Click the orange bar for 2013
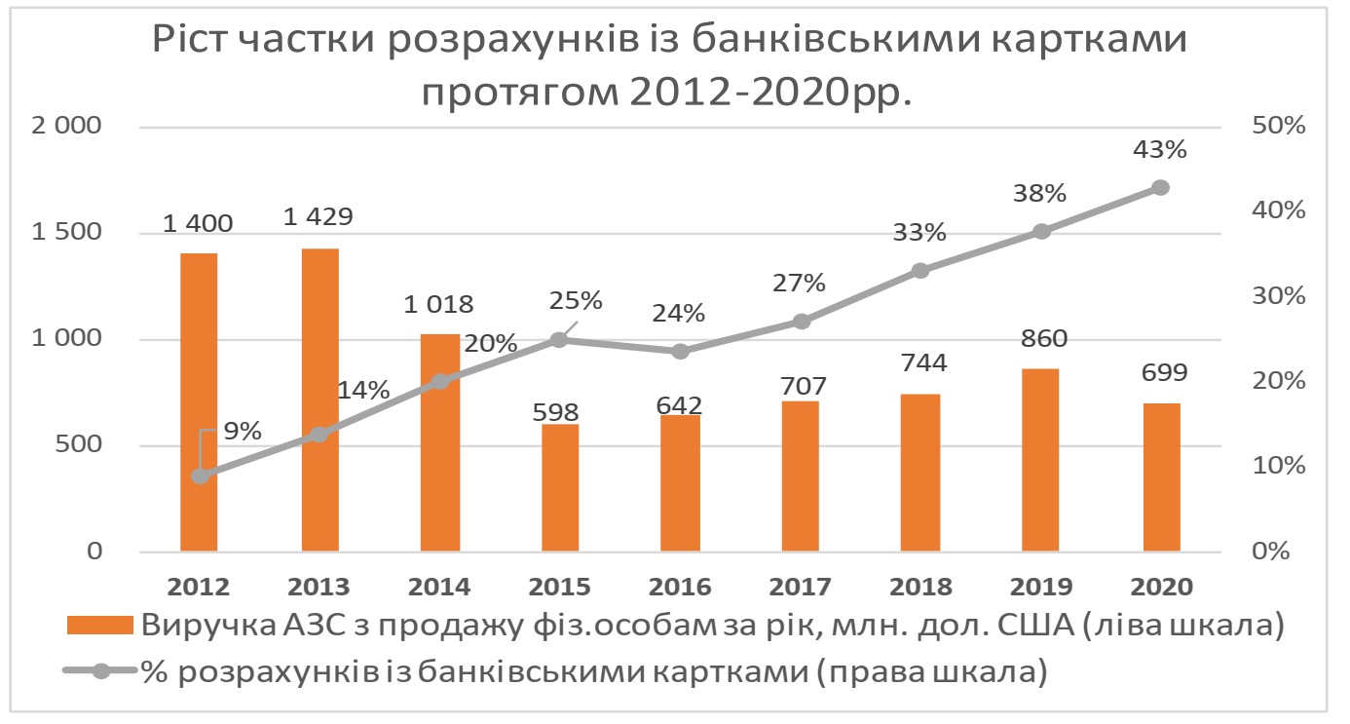pos(319,400)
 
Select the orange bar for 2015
pos(559,488)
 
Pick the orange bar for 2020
pos(1161,477)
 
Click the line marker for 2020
pos(1160,187)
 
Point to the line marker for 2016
pos(680,351)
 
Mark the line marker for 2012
pos(201,476)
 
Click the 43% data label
pos(1159,150)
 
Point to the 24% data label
pos(678,314)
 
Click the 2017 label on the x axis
pos(800,587)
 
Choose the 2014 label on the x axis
pos(439,587)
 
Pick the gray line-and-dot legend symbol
pos(98,671)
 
